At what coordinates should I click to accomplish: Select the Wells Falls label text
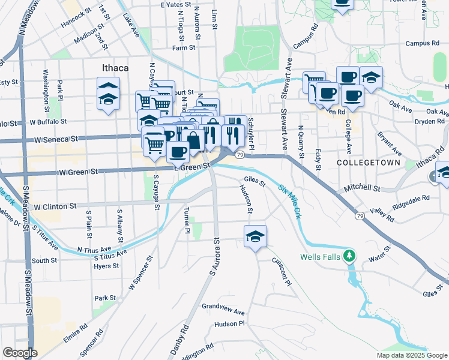(x=320, y=257)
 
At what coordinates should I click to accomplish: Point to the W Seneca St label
(x=55, y=139)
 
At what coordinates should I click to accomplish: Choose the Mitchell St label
(x=363, y=188)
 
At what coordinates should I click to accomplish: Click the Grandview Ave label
(x=223, y=312)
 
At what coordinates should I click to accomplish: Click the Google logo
(x=20, y=353)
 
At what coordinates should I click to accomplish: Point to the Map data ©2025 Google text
(x=411, y=355)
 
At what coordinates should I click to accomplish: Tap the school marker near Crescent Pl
(x=256, y=236)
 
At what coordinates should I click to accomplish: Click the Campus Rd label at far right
(x=422, y=43)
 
